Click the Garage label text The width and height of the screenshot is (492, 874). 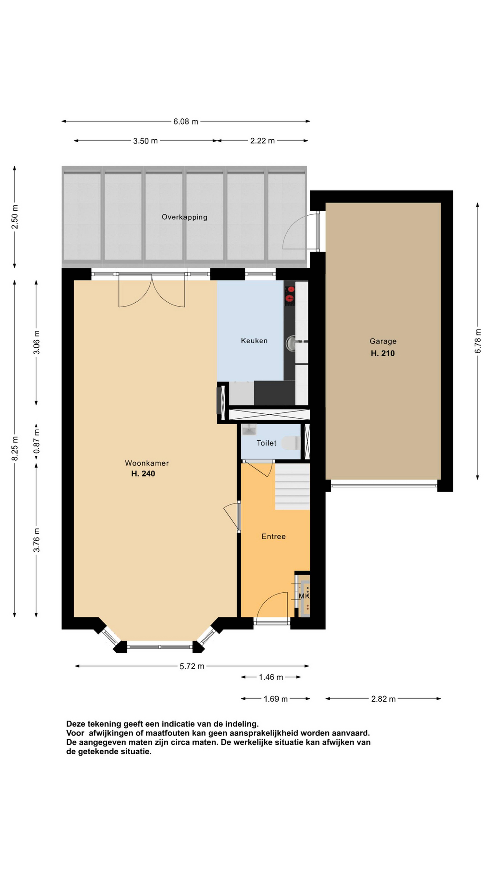tap(383, 341)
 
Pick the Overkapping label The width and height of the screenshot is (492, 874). tap(184, 217)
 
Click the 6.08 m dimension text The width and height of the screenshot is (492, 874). tap(186, 122)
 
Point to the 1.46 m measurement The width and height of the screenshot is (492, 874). tap(271, 677)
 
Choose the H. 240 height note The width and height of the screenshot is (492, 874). tap(143, 474)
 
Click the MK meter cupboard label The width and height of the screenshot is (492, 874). tap(304, 596)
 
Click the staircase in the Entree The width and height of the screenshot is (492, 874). tap(292, 487)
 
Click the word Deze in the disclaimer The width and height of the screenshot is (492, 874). tap(75, 724)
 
